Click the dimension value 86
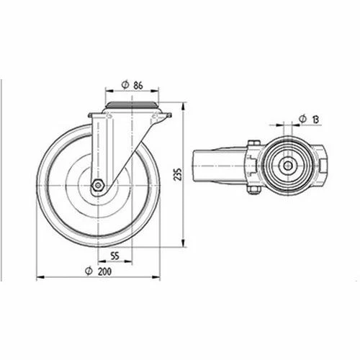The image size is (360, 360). [138, 86]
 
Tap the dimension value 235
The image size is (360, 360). [179, 174]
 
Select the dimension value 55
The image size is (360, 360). [115, 256]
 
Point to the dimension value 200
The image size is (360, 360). [104, 271]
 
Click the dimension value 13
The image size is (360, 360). [316, 120]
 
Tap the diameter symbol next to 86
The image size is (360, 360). [125, 85]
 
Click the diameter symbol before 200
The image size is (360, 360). [89, 271]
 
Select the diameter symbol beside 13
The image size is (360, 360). [303, 119]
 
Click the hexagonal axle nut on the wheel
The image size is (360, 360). [98, 185]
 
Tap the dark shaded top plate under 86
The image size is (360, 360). [132, 104]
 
